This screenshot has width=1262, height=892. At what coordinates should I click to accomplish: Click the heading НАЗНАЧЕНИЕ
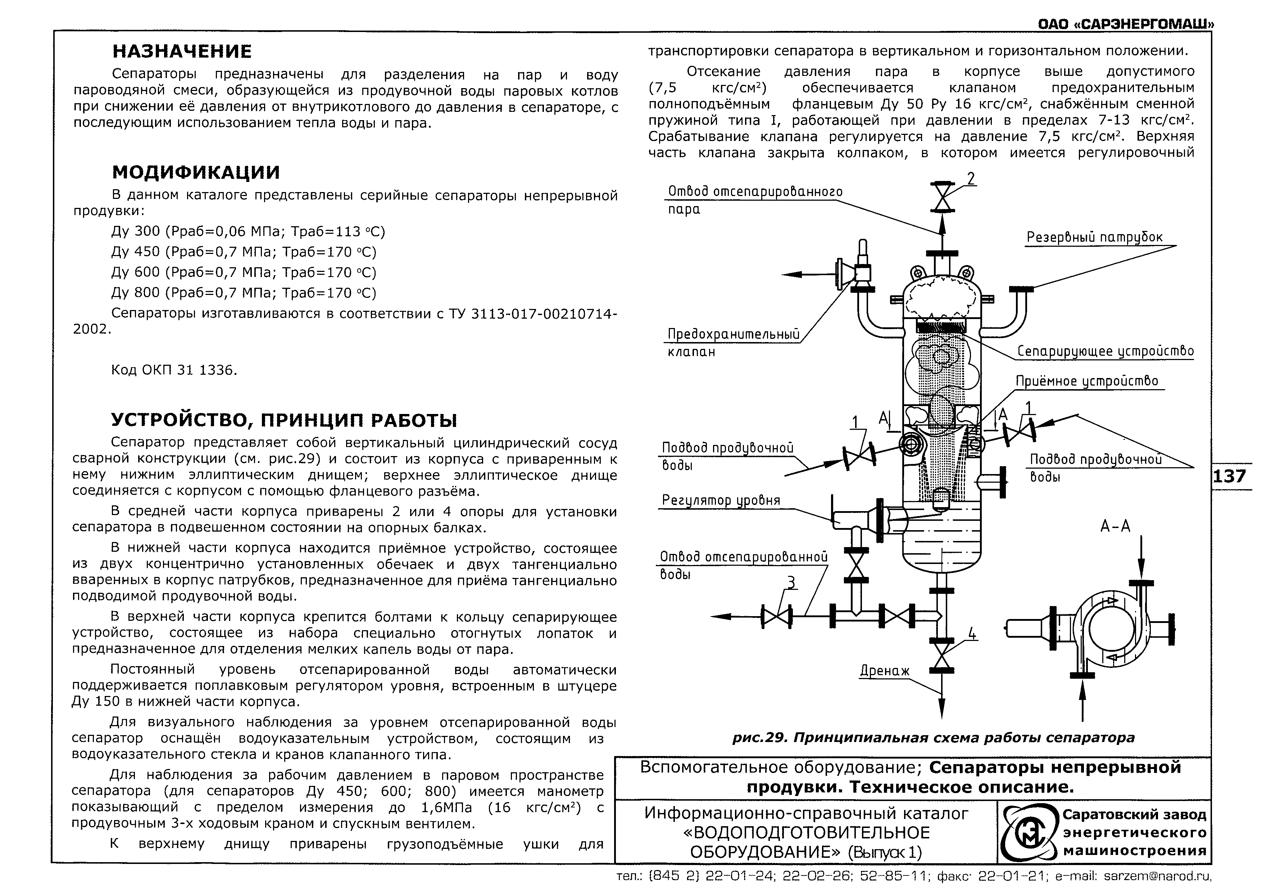pos(182,51)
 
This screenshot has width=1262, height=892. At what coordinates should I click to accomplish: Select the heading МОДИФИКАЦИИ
pos(196,172)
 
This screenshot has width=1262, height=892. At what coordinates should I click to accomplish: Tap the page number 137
pos(1230,475)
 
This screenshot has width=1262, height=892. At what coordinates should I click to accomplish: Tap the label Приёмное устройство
pos(1087,381)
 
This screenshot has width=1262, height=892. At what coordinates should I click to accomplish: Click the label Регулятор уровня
pos(721,500)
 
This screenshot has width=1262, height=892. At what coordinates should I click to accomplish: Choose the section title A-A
pos(1115,527)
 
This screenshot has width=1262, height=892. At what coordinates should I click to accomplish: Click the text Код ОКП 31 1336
pos(174,370)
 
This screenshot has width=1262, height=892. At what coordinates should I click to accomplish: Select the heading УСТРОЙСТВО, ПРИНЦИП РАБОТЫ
pos(284,420)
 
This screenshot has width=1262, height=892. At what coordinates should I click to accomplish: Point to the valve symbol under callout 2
pos(941,196)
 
